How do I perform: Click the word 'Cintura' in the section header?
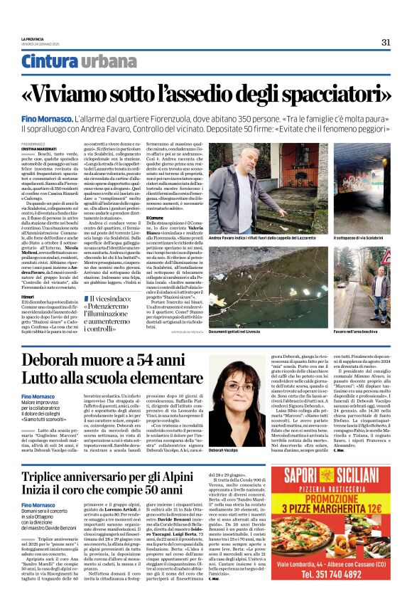(x=48, y=63)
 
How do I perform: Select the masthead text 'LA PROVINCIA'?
(x=33, y=38)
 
